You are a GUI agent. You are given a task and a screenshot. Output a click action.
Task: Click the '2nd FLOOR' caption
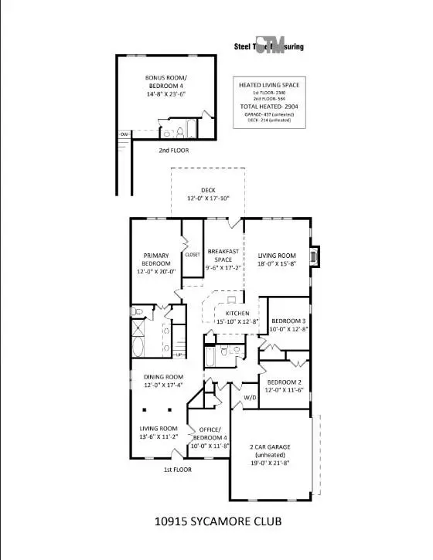point(173,150)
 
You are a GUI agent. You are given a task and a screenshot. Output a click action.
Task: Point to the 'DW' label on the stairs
point(123,134)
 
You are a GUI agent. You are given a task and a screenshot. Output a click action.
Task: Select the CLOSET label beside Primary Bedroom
point(192,254)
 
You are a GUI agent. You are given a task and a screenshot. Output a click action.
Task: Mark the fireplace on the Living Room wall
point(313,256)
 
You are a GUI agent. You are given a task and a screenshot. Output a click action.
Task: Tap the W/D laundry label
point(251,399)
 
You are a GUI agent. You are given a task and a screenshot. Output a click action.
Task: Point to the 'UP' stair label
point(180,355)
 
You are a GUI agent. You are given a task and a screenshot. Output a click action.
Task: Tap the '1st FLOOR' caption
point(177,470)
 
